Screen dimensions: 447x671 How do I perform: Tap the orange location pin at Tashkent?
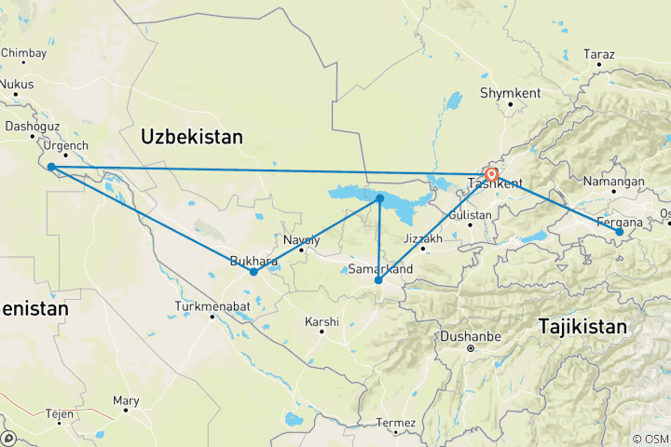[x=491, y=173]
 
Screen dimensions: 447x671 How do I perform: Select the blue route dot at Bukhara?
[x=253, y=272]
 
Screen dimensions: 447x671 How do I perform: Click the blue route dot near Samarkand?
[x=377, y=279]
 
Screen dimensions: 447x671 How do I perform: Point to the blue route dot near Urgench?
[x=51, y=167]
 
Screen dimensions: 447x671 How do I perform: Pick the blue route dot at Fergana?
[x=619, y=230]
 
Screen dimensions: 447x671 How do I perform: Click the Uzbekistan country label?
[x=192, y=137]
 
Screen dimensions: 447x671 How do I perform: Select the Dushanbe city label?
[x=471, y=337]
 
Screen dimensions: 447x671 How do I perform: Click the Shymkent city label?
[x=509, y=93]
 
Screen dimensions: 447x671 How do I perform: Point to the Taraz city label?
[x=598, y=55]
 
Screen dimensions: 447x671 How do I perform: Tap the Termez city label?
[x=395, y=424]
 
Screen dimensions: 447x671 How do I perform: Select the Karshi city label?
[x=322, y=322]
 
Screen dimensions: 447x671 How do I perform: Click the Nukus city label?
[x=16, y=84]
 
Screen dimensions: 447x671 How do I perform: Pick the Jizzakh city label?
[x=422, y=239]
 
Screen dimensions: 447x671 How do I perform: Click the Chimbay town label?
[x=23, y=53]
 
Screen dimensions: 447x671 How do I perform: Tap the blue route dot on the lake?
[x=380, y=198]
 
